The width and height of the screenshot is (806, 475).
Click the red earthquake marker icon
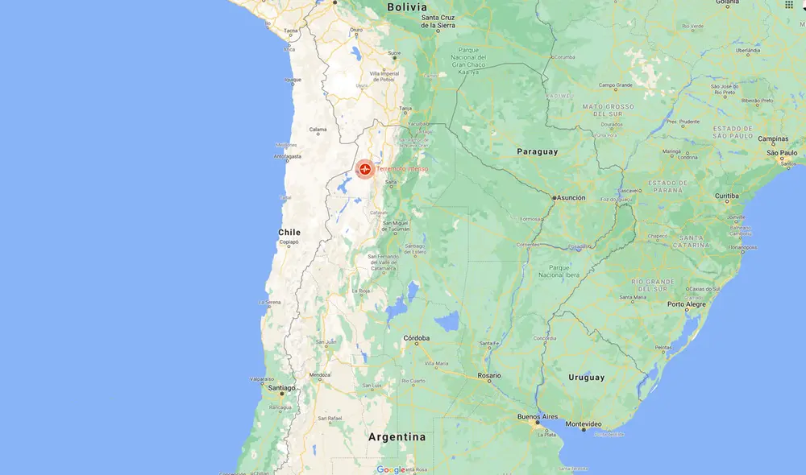coord(365,169)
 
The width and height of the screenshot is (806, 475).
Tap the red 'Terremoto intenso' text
coord(402,169)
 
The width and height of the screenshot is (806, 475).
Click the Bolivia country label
coord(406,7)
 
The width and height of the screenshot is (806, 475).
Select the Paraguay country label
coord(537,151)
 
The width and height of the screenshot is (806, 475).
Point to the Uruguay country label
coord(586,377)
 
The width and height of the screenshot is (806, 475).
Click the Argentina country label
coord(397,437)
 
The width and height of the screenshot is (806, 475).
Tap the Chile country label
coord(289,232)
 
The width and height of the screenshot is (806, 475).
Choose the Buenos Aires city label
coord(538,417)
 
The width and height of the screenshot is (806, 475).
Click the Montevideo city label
coord(584,423)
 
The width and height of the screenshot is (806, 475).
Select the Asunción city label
coord(570,197)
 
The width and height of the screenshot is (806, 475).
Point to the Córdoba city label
coord(417,338)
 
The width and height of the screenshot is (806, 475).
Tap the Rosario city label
coord(488,375)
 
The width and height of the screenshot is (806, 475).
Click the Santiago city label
coord(282,387)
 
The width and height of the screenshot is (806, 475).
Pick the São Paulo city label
coord(782,152)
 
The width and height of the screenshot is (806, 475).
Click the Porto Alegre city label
coord(686,304)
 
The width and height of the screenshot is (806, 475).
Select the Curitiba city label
coord(726,196)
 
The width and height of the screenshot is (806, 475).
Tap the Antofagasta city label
coord(287,156)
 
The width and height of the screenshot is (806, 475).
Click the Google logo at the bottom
coord(391,469)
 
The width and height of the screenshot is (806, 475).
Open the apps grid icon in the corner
coord(788,5)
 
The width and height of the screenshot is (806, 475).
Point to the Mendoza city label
coord(320,374)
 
